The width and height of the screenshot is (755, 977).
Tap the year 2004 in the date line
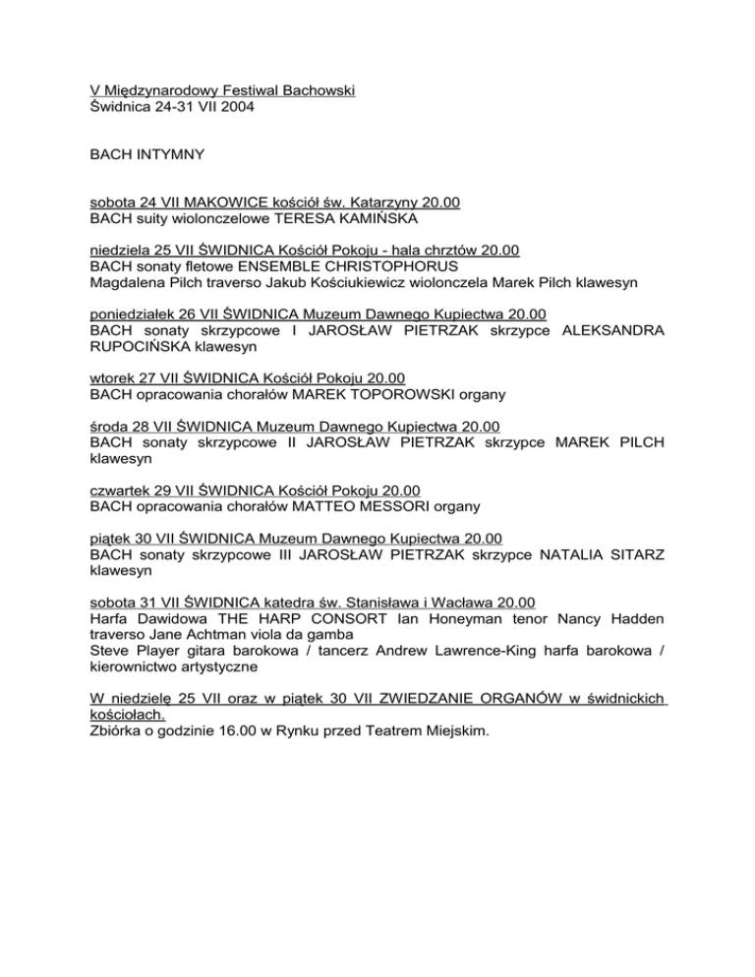pos(233,109)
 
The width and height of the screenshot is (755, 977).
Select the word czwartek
pos(121,489)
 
